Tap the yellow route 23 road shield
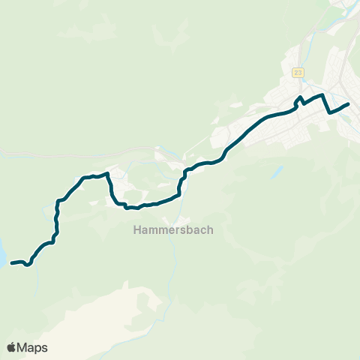298,72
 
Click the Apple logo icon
12,347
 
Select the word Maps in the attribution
33,347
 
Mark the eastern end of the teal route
349,104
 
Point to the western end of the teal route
12,263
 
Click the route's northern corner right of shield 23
322,95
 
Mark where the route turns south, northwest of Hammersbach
108,175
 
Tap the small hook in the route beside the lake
28,264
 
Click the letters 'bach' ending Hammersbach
197,231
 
